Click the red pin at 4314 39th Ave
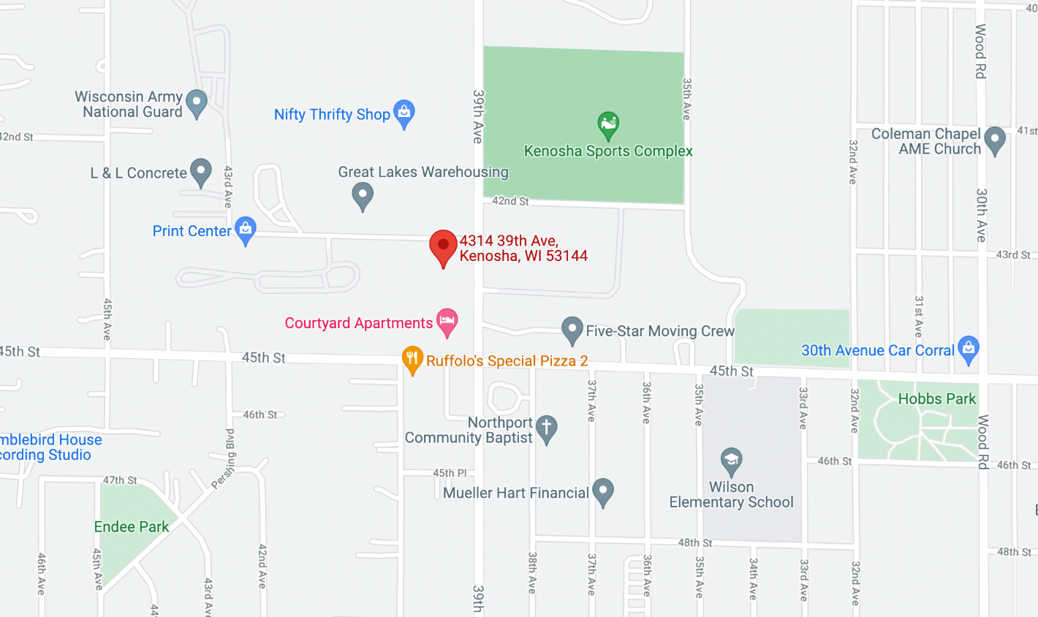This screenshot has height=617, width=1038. tap(443, 246)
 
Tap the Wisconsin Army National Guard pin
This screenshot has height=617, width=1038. tap(197, 102)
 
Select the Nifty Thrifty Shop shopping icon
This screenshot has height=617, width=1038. tap(404, 113)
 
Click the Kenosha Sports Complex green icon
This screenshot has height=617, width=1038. tap(608, 124)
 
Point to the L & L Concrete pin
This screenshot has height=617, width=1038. tap(200, 172)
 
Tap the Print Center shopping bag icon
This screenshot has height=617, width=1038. tap(246, 230)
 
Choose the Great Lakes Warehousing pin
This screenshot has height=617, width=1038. tap(363, 195)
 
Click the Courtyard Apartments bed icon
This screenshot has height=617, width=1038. tap(447, 321)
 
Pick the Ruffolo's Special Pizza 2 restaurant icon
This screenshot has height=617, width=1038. tap(412, 359)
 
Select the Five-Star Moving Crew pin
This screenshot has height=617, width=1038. tap(572, 330)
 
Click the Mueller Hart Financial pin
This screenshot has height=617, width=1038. tap(602, 491)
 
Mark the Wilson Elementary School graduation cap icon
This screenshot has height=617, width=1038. tap(731, 461)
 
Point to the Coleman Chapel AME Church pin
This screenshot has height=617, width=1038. tap(994, 140)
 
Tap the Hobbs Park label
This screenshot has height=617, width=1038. tap(936, 399)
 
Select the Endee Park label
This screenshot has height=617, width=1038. tap(132, 527)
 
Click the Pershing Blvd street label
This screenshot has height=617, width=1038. tap(224, 459)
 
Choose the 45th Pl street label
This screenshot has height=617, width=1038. tap(450, 473)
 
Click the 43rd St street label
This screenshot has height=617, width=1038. tap(1013, 255)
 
